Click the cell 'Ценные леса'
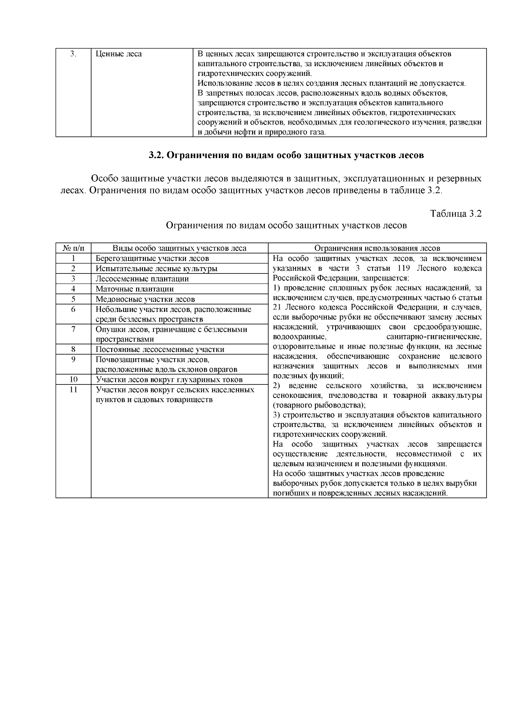[x=118, y=54]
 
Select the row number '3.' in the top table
[x=73, y=54]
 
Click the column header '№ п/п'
[x=73, y=248]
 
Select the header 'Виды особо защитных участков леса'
[x=179, y=248]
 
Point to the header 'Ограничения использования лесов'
[x=377, y=248]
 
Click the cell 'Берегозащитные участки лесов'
[x=152, y=258]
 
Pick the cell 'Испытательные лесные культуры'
[x=156, y=268]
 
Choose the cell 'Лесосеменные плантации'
[x=142, y=279]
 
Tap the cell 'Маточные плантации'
[x=135, y=289]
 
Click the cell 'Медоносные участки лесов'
[x=145, y=299]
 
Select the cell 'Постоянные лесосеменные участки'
[x=160, y=349]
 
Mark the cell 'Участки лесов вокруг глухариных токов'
[x=169, y=380]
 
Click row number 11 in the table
[x=73, y=389]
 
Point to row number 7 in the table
[x=73, y=329]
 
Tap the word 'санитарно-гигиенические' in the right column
[x=433, y=337]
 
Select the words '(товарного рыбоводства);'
[x=319, y=405]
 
